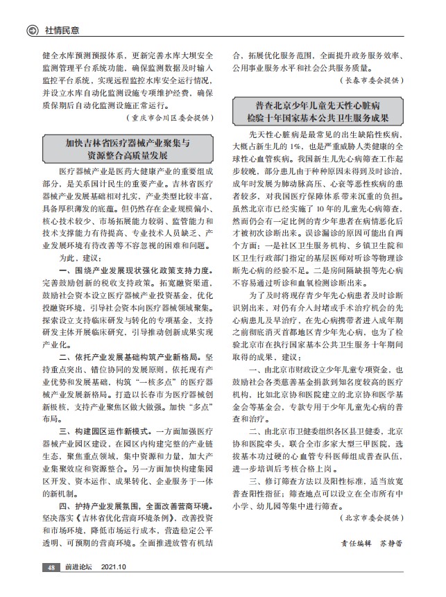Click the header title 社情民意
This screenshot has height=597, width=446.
click(62, 30)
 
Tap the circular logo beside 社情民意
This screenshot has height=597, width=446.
click(32, 30)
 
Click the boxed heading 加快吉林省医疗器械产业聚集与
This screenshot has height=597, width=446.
click(128, 144)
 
